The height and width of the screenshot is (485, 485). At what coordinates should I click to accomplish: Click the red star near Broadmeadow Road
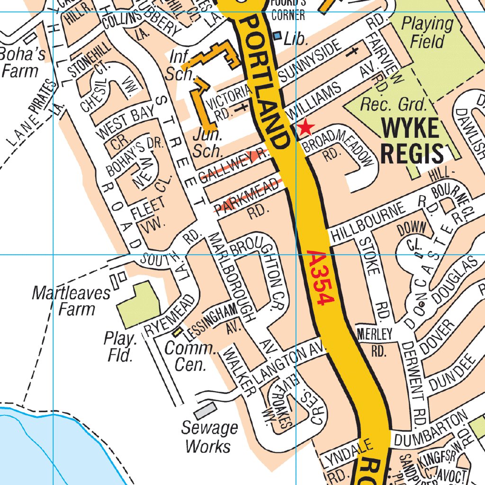tap(306, 127)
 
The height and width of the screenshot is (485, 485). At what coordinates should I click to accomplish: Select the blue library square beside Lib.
tap(278, 36)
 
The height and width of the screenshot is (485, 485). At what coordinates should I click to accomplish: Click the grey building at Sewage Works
tap(205, 410)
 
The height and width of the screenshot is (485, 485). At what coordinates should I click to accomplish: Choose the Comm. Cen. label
tap(190, 356)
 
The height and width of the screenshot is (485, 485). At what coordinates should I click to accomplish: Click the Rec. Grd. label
tap(394, 104)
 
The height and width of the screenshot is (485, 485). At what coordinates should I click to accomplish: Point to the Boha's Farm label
tap(22, 63)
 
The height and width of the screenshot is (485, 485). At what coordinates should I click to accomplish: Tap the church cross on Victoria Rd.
tap(243, 107)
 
